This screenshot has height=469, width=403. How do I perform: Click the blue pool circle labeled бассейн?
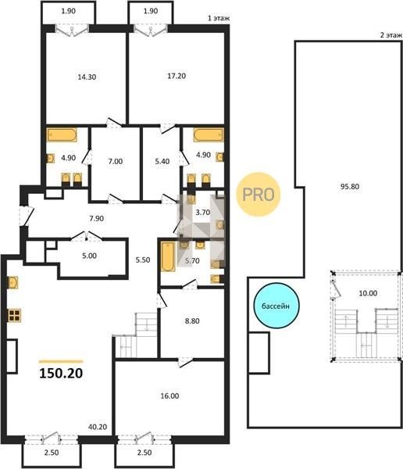click(x=276, y=306)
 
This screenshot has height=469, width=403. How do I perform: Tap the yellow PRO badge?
click(x=259, y=195)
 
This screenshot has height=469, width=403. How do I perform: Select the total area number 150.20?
click(x=61, y=373)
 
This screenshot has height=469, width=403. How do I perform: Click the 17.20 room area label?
click(x=177, y=76)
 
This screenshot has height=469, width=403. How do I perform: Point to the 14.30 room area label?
click(x=87, y=77)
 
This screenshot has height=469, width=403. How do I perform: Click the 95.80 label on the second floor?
click(x=350, y=186)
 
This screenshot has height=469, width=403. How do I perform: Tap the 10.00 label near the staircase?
click(x=368, y=293)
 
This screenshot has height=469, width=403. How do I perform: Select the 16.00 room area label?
click(x=169, y=396)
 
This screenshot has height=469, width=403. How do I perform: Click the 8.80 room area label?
click(x=192, y=321)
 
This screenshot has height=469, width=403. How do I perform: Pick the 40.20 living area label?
click(x=98, y=427)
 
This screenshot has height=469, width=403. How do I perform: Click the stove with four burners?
click(x=14, y=315)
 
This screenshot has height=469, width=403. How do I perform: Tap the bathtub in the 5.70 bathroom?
click(x=168, y=256)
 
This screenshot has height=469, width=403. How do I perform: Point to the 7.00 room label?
click(x=116, y=161)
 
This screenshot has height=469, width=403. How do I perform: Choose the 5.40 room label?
click(x=162, y=161)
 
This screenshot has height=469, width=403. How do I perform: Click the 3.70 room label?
click(x=203, y=213)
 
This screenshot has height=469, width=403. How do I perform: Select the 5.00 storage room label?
click(x=89, y=256)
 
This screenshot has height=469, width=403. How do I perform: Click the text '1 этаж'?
click(x=219, y=18)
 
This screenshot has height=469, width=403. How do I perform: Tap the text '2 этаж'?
click(x=391, y=35)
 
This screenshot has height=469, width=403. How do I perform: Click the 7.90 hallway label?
click(x=97, y=218)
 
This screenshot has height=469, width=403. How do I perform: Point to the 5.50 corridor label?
click(x=143, y=260)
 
